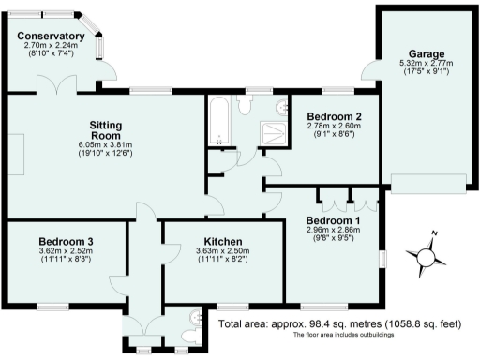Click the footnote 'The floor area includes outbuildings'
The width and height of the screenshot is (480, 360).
click(x=341, y=335)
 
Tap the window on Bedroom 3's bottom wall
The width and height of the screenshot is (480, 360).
click(x=52, y=307)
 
